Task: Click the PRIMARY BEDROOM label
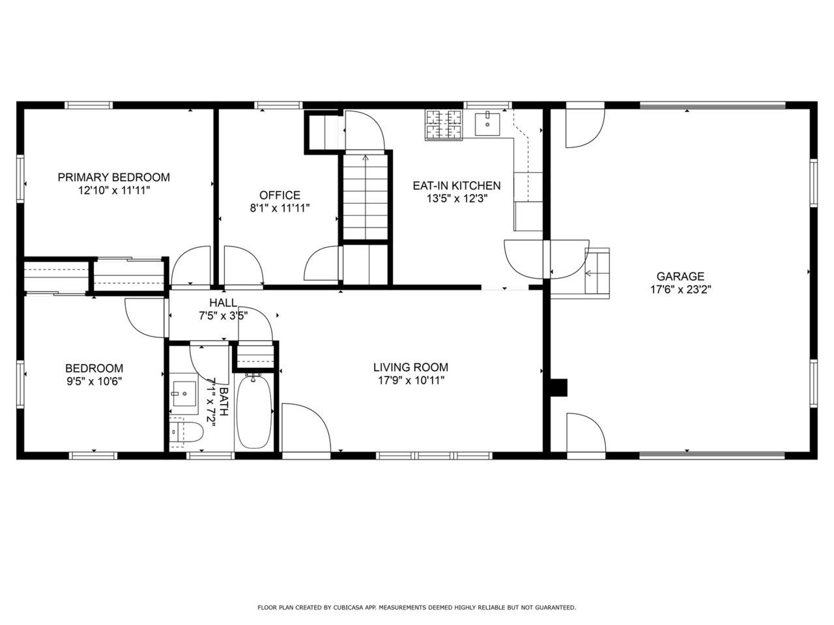coord(113,177)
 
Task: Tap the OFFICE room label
coord(280,195)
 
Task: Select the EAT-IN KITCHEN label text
coord(457,186)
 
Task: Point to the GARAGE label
coord(680,276)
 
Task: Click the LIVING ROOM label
coord(410,367)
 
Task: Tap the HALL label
coord(223,303)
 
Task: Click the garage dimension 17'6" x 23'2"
coord(680,290)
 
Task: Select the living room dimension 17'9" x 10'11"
coord(410,380)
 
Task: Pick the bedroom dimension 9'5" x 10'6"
coord(94,382)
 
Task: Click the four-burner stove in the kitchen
coord(444,125)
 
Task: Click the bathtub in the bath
coord(254,412)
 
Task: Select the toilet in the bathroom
coord(186,432)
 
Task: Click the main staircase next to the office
coord(365,197)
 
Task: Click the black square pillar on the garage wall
coord(559,387)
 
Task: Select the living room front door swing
coord(306,428)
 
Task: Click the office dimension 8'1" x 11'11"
coord(280,208)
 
